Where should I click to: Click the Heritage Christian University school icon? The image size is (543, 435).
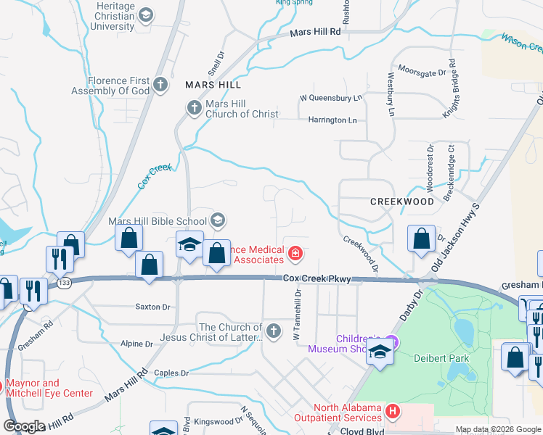[146, 15]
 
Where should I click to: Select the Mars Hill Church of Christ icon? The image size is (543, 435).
[194, 109]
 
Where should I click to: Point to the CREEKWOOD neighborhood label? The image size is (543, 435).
[401, 202]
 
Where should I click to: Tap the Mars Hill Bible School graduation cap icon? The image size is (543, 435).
[217, 220]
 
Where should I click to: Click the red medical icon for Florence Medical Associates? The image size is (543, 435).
[295, 253]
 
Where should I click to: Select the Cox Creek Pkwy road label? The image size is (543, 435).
[317, 279]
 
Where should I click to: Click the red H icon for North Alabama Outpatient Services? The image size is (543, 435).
[393, 412]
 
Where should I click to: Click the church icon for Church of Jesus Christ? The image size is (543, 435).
[274, 331]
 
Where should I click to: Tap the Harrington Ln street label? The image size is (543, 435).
[332, 120]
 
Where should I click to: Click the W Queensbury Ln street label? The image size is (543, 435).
[330, 98]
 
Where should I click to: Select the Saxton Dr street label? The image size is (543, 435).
[152, 307]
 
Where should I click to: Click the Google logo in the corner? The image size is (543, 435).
[24, 426]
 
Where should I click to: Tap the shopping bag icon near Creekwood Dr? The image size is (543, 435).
[421, 239]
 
